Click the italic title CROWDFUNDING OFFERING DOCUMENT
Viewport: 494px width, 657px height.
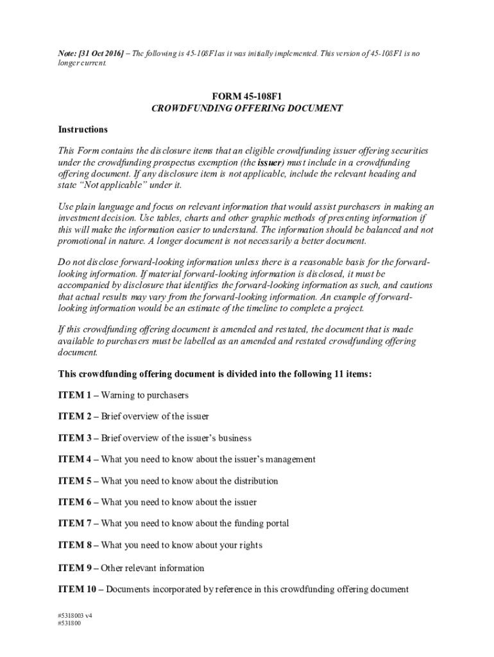click(x=247, y=108)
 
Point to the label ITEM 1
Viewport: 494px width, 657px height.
click(x=74, y=395)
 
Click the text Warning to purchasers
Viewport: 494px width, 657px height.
click(x=145, y=395)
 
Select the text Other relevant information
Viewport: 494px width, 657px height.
click(x=153, y=568)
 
